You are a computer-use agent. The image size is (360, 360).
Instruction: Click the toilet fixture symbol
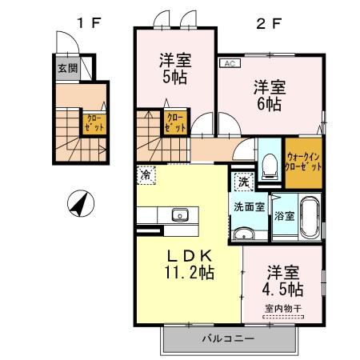coord(270,166)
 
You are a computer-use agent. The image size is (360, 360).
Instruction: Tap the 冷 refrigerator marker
coord(145,172)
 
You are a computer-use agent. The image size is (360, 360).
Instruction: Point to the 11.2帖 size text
coord(189,273)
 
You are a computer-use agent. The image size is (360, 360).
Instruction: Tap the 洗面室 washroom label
coord(248,206)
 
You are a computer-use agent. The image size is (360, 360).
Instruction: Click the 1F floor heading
coord(86,22)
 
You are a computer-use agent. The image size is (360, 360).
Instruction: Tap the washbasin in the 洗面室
coord(243,234)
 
